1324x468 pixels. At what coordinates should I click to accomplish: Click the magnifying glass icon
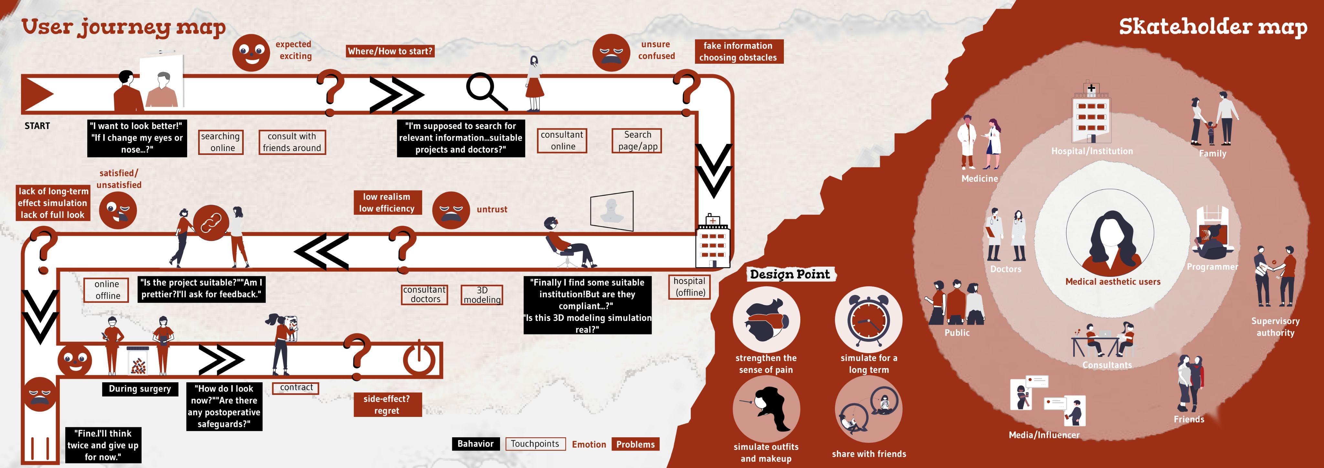tap(485, 92)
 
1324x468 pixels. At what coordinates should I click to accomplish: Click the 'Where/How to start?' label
tap(390, 51)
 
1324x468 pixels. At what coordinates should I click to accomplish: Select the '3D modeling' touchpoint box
tap(482, 295)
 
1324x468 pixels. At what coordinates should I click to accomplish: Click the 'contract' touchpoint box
tap(296, 388)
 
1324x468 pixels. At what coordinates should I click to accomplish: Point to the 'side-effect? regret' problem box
tap(387, 404)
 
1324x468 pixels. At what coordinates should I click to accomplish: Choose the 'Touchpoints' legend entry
tap(535, 444)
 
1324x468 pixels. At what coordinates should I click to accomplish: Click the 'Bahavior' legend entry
tap(475, 444)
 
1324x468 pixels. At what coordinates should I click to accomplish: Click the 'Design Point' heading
tap(790, 274)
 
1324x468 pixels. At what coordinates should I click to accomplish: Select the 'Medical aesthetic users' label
tap(1113, 282)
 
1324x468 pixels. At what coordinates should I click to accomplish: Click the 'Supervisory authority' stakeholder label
tap(1275, 327)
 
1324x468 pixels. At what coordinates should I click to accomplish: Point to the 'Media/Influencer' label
tap(1044, 435)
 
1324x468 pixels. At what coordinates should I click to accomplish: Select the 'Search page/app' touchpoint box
tap(637, 140)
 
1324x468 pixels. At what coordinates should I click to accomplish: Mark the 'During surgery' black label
tap(140, 389)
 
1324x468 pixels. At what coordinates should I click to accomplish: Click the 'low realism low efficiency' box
tap(387, 203)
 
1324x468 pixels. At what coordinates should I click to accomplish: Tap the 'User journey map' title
tap(123, 27)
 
